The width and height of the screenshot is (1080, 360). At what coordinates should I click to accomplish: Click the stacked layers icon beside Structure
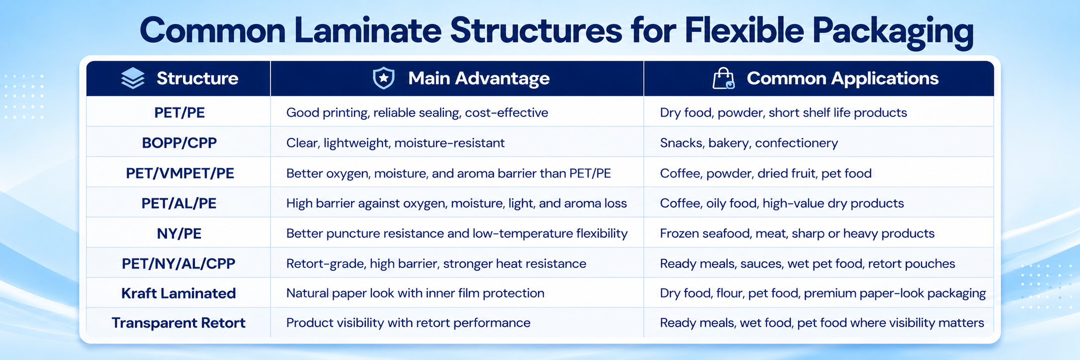click(133, 79)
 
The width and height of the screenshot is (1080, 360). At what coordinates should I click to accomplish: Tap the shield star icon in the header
click(384, 79)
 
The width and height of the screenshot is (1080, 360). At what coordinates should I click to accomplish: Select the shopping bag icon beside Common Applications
click(723, 79)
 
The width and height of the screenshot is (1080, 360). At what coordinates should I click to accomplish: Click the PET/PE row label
click(180, 113)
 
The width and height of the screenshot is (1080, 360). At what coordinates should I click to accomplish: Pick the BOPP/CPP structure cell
click(180, 143)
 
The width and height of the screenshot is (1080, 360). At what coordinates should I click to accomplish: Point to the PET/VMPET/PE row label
click(180, 174)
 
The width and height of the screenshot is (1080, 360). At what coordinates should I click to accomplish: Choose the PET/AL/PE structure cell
click(179, 203)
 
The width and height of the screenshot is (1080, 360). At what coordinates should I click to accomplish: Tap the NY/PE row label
click(179, 234)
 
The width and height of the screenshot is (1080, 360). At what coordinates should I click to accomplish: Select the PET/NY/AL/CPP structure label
click(179, 264)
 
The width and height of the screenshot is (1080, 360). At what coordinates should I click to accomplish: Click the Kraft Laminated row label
click(179, 293)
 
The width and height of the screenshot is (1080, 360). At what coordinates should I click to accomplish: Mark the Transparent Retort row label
click(179, 323)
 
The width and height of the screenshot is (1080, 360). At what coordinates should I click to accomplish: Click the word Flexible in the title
click(744, 30)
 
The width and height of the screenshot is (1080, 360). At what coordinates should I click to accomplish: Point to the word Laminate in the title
click(367, 30)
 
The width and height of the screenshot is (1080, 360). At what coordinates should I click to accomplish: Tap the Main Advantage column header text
click(479, 79)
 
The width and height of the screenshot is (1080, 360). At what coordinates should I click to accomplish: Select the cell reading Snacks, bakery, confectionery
click(749, 143)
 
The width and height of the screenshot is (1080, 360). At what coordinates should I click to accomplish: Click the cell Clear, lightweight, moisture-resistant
click(395, 143)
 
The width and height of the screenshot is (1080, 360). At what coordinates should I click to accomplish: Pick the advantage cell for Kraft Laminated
click(415, 293)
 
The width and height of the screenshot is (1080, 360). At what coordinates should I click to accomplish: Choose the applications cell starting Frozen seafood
click(797, 234)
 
